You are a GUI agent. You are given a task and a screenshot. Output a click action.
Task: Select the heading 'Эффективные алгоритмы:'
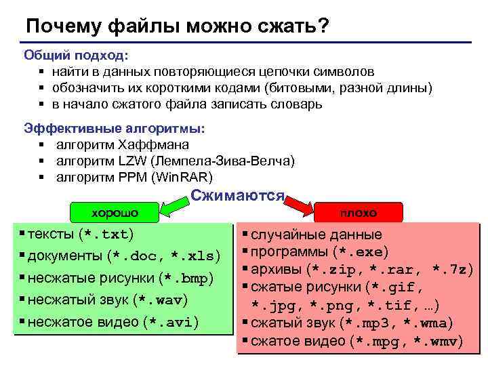[115, 128]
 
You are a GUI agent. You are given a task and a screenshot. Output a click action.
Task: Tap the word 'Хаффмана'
[153, 144]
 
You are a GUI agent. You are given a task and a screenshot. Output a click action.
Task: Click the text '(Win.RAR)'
[182, 178]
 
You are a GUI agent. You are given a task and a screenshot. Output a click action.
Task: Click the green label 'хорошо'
[115, 213]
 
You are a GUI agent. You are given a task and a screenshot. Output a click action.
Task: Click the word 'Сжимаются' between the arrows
[237, 196]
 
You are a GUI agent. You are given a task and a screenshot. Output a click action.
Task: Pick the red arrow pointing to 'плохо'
[298, 203]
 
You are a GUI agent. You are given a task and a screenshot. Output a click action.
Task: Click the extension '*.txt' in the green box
[106, 235]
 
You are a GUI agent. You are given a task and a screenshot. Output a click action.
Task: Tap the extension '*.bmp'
[186, 279]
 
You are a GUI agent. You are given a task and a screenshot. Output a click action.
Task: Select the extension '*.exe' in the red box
[360, 252]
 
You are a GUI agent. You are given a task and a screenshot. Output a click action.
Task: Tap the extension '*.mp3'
[373, 323]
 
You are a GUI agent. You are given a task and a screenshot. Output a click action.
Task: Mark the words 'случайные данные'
[316, 235]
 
